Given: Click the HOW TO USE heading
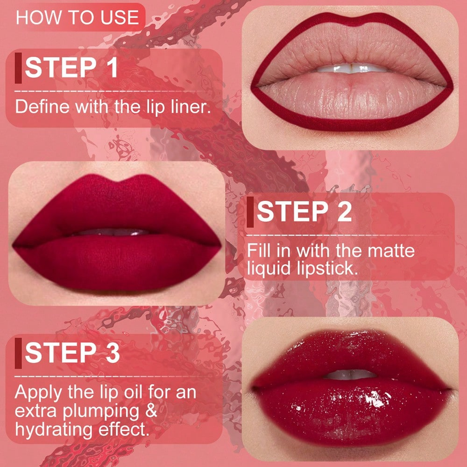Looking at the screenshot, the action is (77, 18).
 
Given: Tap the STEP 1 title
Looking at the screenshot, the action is (72, 68).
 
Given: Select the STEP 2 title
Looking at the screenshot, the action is (304, 212).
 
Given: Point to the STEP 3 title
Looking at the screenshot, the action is (72, 353).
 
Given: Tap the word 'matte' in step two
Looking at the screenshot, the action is (391, 251).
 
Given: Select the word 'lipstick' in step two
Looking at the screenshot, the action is (327, 269).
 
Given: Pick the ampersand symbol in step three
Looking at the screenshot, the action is (151, 411).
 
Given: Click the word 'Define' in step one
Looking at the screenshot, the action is (42, 107).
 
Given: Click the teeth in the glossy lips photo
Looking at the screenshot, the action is (350, 374).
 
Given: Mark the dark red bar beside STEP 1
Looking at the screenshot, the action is (18, 68).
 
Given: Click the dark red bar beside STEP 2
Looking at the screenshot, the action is (250, 212).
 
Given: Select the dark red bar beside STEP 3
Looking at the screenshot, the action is (18, 353).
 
